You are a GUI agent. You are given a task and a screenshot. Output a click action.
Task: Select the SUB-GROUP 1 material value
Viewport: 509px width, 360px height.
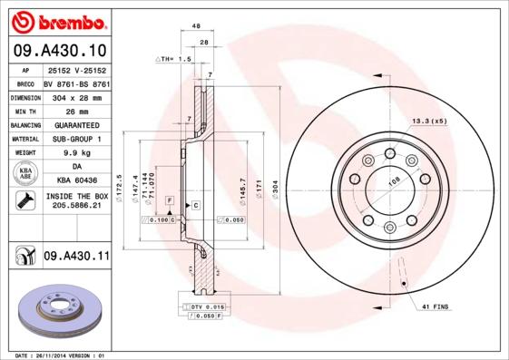[74, 139]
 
